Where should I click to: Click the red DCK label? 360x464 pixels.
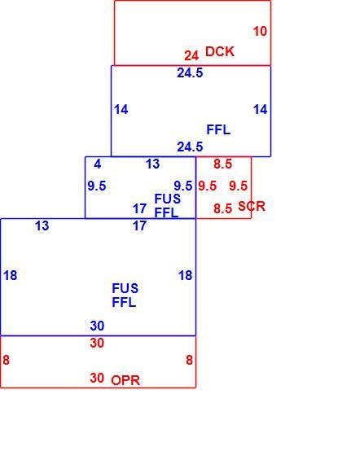[220, 51]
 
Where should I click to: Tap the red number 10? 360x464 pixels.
[260, 32]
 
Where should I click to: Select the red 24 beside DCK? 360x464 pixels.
[191, 55]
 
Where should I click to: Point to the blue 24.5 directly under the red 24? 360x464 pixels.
[190, 72]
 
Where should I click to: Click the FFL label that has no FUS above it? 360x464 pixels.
[218, 130]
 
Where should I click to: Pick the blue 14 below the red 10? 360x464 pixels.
[261, 110]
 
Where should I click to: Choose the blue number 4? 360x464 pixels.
[98, 164]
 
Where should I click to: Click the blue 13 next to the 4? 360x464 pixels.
[153, 164]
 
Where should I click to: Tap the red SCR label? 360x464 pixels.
[252, 206]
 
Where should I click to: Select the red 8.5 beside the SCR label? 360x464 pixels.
[222, 208]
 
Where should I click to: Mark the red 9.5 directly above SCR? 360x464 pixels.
[239, 186]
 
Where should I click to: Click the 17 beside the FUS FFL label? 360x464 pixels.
[139, 209]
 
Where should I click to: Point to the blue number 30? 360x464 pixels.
[97, 326]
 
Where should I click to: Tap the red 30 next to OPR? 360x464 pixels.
[97, 378]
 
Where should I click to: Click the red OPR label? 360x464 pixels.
[125, 380]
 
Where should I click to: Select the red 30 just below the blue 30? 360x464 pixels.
[97, 344]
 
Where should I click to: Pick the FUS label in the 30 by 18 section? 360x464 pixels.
[125, 288]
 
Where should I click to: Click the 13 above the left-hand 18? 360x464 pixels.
[42, 226]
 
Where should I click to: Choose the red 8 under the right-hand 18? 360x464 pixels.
[189, 360]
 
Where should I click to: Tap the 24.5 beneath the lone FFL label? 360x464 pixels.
[190, 147]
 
